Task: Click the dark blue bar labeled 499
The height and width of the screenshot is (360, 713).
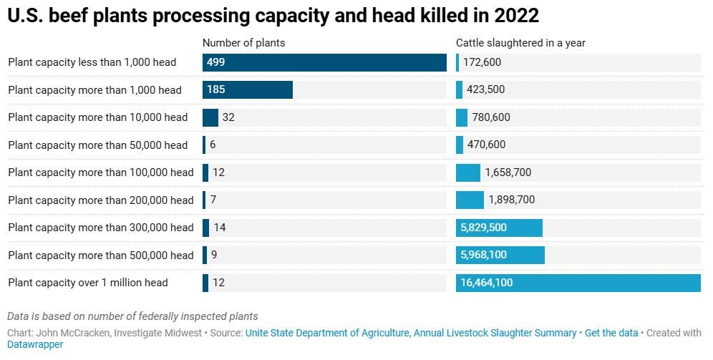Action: (324, 62)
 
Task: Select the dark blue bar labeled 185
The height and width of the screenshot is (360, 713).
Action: (247, 90)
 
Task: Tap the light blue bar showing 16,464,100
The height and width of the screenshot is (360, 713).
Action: (578, 283)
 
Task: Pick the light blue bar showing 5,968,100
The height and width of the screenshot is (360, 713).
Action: (500, 256)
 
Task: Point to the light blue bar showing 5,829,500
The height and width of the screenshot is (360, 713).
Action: (499, 228)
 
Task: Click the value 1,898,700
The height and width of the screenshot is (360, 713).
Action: (511, 200)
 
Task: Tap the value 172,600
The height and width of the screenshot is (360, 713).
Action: (482, 62)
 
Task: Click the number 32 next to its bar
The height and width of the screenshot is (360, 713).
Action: (228, 117)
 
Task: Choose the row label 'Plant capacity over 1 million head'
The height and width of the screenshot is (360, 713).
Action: (88, 283)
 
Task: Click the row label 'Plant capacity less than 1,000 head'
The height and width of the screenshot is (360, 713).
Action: (92, 62)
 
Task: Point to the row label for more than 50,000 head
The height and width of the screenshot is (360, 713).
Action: (97, 145)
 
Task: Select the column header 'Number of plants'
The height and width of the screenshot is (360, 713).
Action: (243, 43)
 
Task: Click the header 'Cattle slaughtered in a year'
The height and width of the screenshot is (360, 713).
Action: (520, 43)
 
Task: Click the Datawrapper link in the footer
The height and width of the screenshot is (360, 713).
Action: (35, 344)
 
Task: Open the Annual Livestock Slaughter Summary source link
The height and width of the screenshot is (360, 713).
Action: (411, 333)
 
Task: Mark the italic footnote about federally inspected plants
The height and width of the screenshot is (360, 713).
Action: (132, 316)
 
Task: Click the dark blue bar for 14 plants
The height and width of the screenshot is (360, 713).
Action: (205, 228)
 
